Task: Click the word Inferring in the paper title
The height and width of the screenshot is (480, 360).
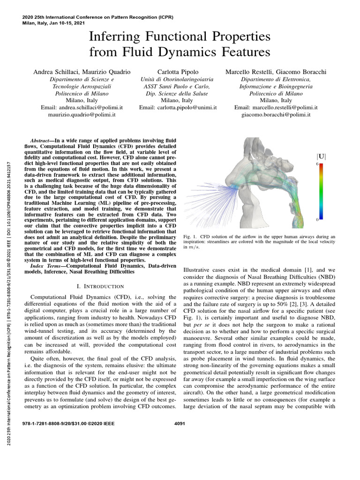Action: tap(114, 37)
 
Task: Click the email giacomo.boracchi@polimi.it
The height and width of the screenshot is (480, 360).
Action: tap(276, 114)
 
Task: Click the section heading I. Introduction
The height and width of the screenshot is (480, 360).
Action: tap(100, 286)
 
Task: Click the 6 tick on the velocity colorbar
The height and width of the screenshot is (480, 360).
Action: tap(317, 165)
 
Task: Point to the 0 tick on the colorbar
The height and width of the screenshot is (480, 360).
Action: tap(317, 219)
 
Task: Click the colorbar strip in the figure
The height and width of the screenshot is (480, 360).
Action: tap(322, 192)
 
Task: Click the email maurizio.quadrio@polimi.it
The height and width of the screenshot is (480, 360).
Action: tap(82, 114)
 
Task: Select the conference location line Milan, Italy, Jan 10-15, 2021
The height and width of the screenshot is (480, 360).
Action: tap(60, 22)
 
